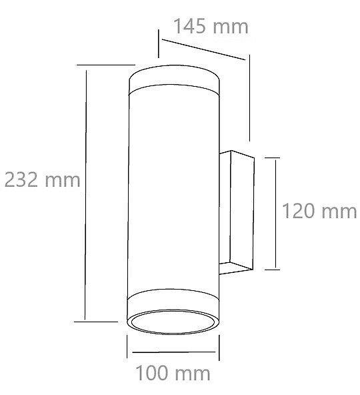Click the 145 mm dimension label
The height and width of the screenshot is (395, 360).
(x=211, y=26)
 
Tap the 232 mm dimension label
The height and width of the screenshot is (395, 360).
(x=42, y=179)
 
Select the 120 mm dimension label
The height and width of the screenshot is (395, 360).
(x=319, y=211)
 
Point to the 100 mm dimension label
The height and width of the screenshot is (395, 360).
(x=173, y=373)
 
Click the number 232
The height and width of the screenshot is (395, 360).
(x=21, y=179)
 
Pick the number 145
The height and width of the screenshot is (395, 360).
(x=190, y=26)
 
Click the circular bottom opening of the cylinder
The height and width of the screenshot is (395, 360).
(x=173, y=322)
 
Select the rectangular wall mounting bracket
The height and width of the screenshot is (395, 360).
(x=237, y=212)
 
